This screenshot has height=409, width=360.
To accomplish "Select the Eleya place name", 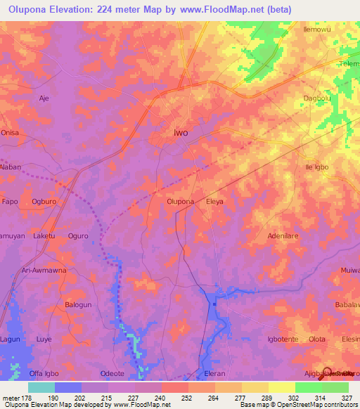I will point(214,202).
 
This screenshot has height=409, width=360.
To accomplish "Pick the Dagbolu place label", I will point(316,98).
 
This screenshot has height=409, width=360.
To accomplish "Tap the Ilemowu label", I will point(317,30).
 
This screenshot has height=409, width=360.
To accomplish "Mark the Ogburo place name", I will point(44,202).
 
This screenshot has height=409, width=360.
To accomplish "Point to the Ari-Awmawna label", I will point(44,270).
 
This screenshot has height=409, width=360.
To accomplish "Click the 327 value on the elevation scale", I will point(347,397).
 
